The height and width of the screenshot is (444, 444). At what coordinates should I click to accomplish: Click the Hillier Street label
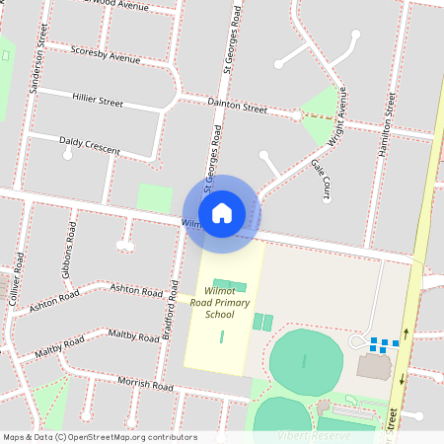[98, 100]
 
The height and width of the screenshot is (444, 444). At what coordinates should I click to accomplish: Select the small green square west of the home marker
[154, 197]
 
